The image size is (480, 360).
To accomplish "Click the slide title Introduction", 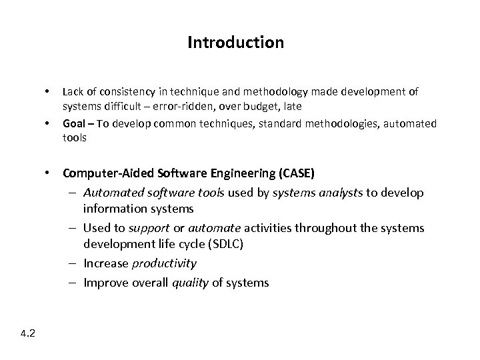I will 235,43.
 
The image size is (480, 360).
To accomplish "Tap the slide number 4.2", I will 28,333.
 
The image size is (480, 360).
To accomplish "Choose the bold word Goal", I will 74,123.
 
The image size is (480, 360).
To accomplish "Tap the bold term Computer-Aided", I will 107,173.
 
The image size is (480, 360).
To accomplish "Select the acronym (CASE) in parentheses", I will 294,173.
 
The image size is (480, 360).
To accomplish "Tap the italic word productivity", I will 164,263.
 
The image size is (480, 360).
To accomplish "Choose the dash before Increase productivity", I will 71,263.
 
